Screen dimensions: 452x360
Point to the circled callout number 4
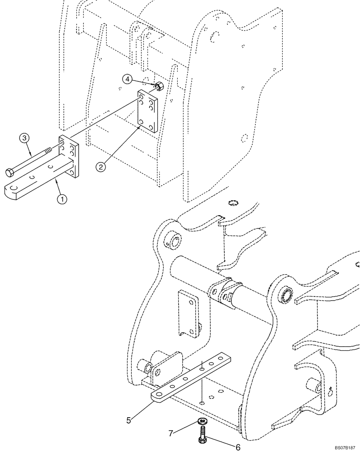pyautogui.click(x=128, y=80)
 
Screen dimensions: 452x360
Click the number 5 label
pyautogui.click(x=128, y=420)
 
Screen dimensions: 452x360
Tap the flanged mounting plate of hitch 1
pyautogui.click(x=69, y=156)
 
